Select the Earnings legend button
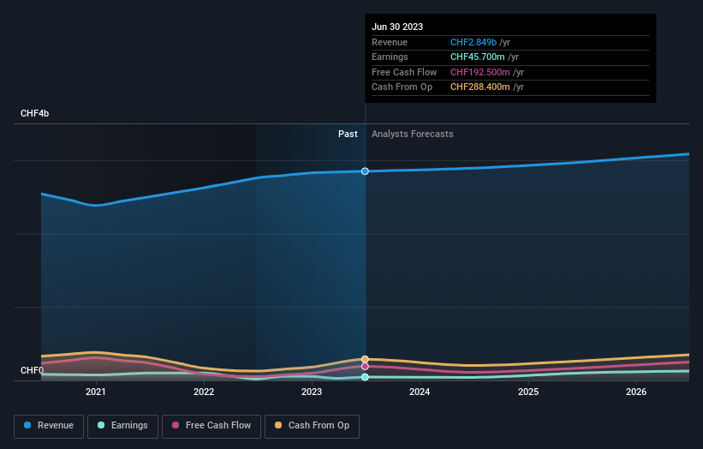tap(122, 426)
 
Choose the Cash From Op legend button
tap(312, 426)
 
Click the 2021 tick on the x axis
tap(96, 392)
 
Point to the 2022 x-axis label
tap(204, 392)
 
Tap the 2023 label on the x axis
tap(312, 392)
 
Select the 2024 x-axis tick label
tap(420, 392)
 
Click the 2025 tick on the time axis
tap(528, 392)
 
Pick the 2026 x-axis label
tap(636, 392)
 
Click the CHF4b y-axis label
tap(35, 114)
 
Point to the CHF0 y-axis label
tap(32, 371)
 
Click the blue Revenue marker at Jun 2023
tap(366, 171)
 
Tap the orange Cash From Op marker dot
tap(366, 359)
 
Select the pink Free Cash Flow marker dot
tap(366, 366)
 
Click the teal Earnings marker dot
tap(366, 377)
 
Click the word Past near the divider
tap(348, 134)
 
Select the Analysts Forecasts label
tap(412, 134)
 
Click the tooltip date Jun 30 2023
tap(397, 27)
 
